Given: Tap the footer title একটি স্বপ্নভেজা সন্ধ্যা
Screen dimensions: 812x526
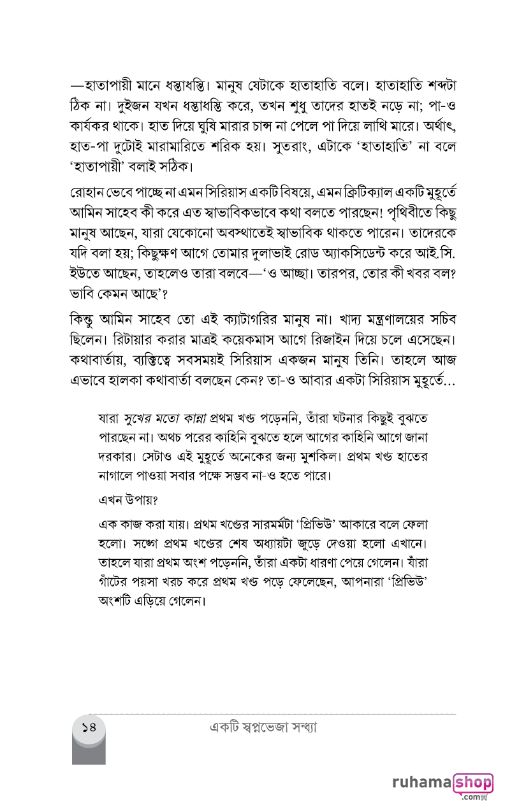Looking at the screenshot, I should [x=263, y=727].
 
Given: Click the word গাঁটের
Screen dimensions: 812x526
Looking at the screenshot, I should [x=115, y=582].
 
